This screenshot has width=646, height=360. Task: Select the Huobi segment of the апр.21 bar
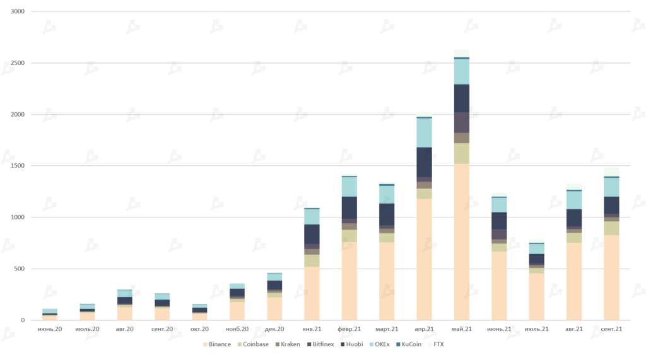[424, 162]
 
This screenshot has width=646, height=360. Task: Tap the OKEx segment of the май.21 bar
[462, 71]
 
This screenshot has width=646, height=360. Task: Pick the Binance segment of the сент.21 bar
[611, 277]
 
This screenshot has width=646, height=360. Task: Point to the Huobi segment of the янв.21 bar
[312, 234]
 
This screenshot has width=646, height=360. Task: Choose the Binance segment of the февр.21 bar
[349, 281]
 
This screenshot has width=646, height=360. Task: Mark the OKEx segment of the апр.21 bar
[424, 132]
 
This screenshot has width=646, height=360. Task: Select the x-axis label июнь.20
[50, 329]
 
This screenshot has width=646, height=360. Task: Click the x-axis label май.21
[462, 329]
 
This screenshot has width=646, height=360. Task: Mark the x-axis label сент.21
[611, 329]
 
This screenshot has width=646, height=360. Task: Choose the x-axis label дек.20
[274, 329]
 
